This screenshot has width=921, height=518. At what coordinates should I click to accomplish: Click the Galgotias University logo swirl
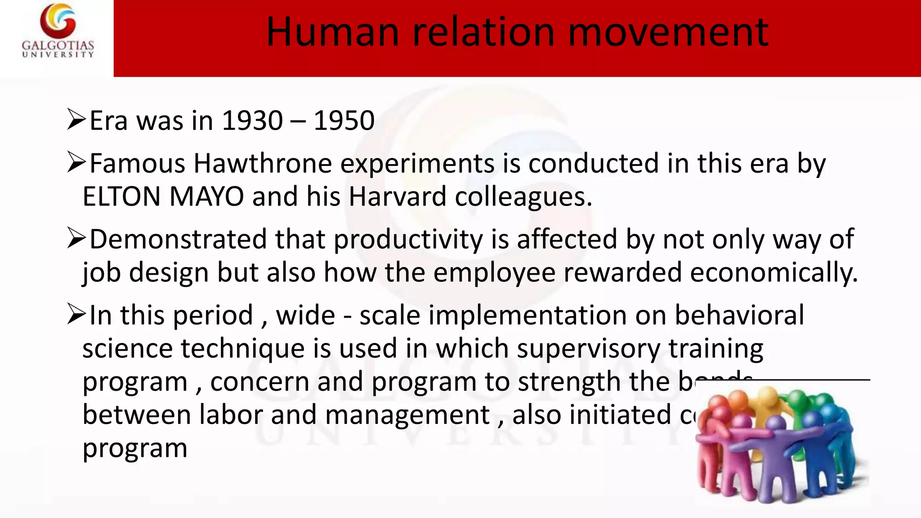[x=58, y=21]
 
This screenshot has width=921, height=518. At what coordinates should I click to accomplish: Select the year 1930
[x=252, y=121]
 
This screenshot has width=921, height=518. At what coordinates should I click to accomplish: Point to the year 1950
[x=344, y=121]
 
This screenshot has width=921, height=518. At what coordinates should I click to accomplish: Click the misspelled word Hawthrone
[x=263, y=163]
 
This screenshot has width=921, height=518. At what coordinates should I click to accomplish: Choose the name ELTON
[x=122, y=197]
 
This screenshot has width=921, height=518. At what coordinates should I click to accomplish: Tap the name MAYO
[x=207, y=197]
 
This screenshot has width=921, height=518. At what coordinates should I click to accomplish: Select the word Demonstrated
[x=178, y=239]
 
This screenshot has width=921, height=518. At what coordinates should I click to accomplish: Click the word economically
[x=773, y=273]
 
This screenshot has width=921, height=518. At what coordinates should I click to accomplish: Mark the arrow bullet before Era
[x=76, y=120]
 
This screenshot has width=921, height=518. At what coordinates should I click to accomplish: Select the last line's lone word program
[x=135, y=449]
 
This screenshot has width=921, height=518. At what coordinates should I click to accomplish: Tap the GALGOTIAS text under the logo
[x=58, y=46]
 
